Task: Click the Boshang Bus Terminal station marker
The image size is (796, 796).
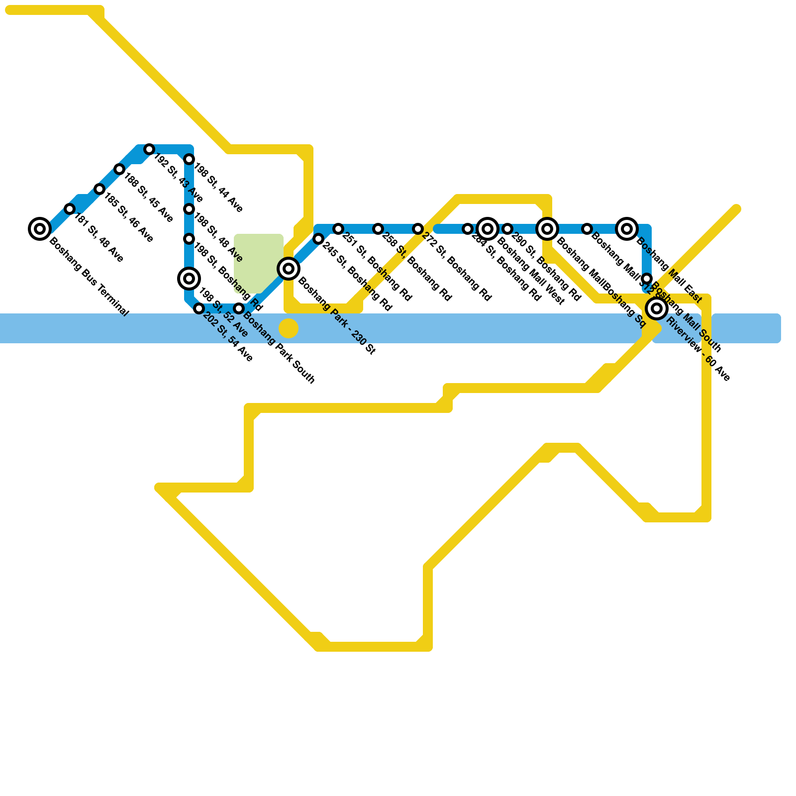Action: (x=40, y=229)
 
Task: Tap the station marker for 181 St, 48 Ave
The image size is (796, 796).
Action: (x=70, y=209)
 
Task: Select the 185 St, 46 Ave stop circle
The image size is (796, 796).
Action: (x=99, y=189)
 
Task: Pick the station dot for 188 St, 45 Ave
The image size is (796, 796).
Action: (x=119, y=169)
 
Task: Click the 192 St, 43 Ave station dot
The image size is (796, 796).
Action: (x=149, y=149)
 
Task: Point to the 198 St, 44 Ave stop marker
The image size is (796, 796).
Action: (x=189, y=159)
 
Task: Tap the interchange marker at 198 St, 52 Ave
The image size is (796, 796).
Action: (x=189, y=279)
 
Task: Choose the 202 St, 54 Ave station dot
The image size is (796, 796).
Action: (x=199, y=308)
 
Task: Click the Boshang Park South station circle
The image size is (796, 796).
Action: (x=239, y=308)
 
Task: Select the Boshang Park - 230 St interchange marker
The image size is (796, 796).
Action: (x=289, y=269)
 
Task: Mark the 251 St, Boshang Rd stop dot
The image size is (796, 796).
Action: (x=338, y=229)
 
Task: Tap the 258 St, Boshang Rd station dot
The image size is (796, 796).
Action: (x=378, y=229)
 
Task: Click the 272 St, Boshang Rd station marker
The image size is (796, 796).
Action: (x=418, y=229)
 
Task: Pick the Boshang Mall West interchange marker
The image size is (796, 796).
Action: (x=488, y=229)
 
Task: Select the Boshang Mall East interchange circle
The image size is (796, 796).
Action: (x=627, y=229)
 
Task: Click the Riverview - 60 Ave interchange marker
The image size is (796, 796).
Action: (x=657, y=308)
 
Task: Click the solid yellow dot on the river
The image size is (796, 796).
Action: (x=289, y=328)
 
